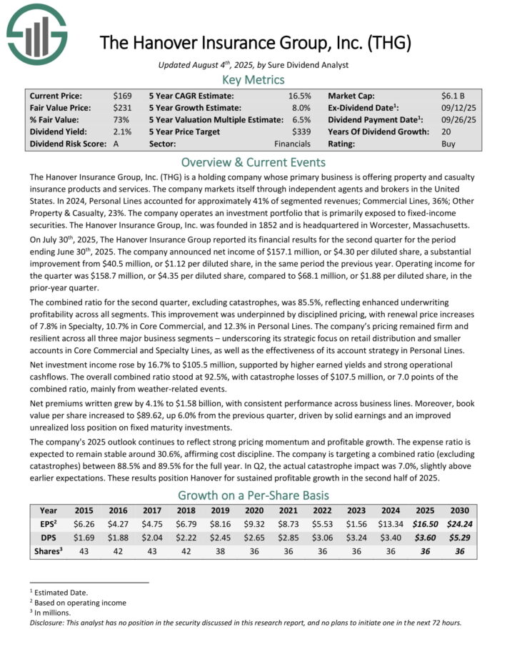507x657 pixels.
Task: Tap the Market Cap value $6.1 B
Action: tap(453, 95)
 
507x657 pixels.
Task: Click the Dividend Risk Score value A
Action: tap(116, 143)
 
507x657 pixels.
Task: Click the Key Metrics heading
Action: tap(254, 79)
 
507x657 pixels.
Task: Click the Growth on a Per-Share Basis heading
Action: tap(254, 495)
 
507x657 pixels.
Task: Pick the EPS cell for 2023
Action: tap(358, 524)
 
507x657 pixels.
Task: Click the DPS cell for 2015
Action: tap(84, 538)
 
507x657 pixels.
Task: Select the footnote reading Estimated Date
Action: tap(61, 592)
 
